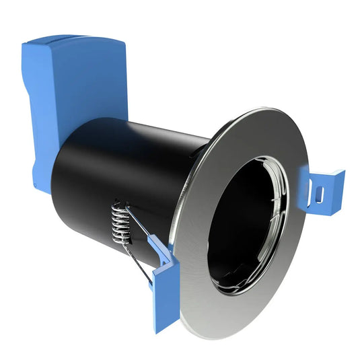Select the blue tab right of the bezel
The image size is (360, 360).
point(324,192)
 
